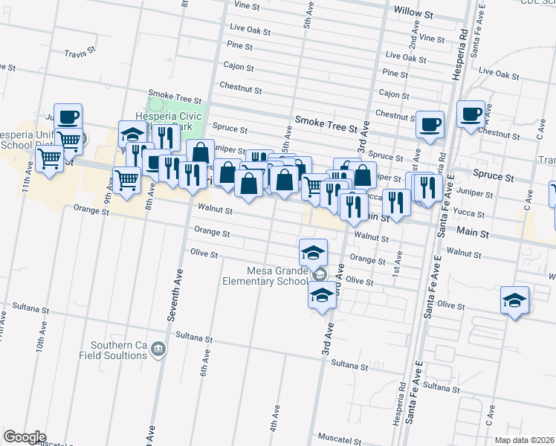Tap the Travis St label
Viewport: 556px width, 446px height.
pos(81,54)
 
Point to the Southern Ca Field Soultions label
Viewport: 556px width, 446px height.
pos(119,351)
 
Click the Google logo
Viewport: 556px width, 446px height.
pos(25,437)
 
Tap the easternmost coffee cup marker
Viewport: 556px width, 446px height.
pos(471,114)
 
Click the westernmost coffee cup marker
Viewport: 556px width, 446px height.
pos(68,117)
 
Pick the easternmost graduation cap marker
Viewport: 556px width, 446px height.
pos(514,300)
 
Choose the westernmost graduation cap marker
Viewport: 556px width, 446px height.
pos(132,135)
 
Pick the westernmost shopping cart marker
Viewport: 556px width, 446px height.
pos(49,158)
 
